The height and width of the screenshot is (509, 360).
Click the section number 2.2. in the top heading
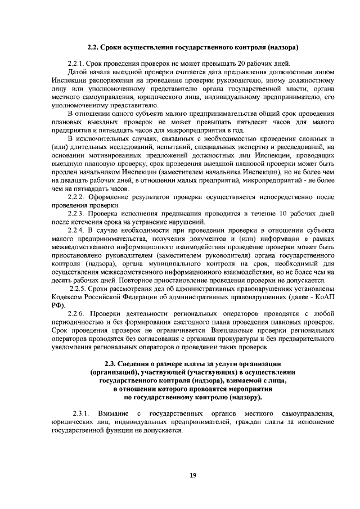[93, 47]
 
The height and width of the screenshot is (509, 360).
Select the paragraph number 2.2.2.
[76, 197]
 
